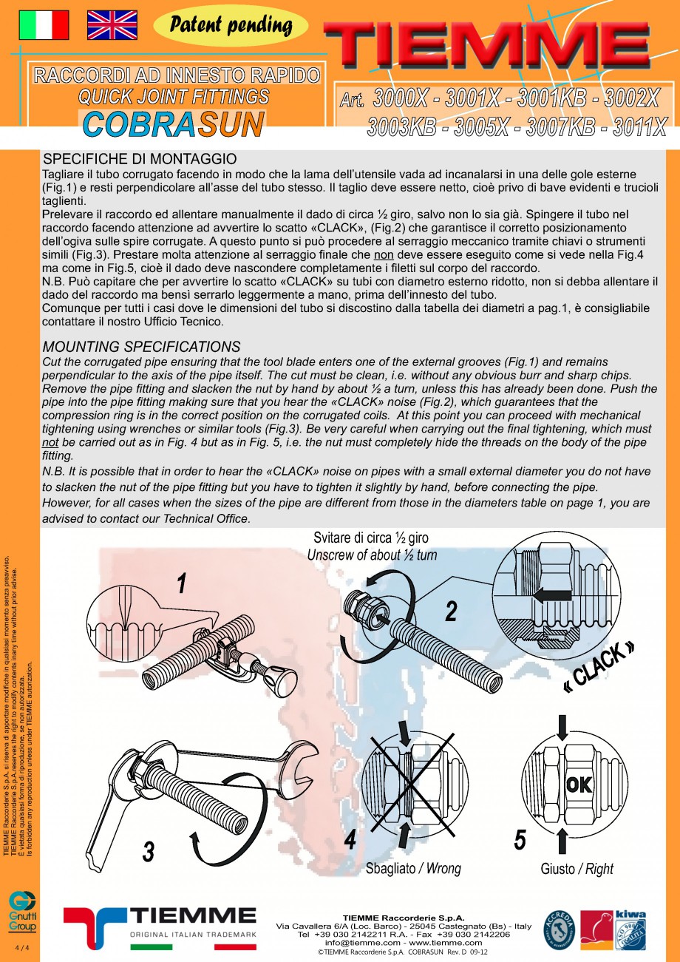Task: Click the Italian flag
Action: click(44, 25)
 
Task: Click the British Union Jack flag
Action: click(112, 25)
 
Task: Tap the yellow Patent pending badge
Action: click(231, 26)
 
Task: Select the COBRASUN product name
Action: click(173, 125)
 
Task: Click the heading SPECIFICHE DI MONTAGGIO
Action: click(140, 159)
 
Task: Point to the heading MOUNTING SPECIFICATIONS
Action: click(141, 347)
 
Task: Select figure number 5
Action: click(520, 839)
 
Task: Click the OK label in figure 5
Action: click(579, 784)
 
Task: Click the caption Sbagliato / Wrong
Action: click(412, 868)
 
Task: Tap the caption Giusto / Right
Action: click(577, 869)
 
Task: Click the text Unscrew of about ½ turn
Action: click(372, 555)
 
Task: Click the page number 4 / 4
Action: click(20, 948)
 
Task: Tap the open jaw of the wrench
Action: click(300, 773)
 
